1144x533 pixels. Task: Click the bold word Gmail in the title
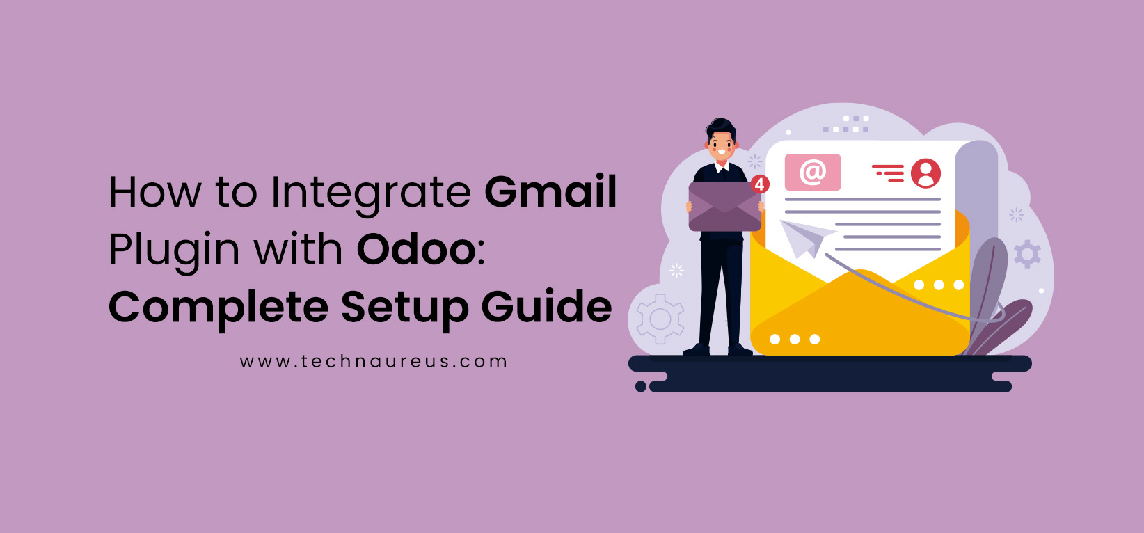tap(550, 192)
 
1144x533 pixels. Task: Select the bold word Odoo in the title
tap(416, 249)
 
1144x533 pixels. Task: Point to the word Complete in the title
tap(218, 308)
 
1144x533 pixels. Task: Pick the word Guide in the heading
tap(546, 306)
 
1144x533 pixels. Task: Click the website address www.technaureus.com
tap(374, 362)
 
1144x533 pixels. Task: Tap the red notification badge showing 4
tap(760, 184)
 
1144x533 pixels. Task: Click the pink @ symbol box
tap(812, 172)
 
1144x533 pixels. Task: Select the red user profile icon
tap(925, 173)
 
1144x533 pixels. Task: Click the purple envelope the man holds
tap(724, 207)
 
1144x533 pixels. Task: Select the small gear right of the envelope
tap(1027, 254)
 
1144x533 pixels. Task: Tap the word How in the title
tap(155, 192)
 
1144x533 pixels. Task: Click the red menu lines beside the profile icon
tap(888, 173)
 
